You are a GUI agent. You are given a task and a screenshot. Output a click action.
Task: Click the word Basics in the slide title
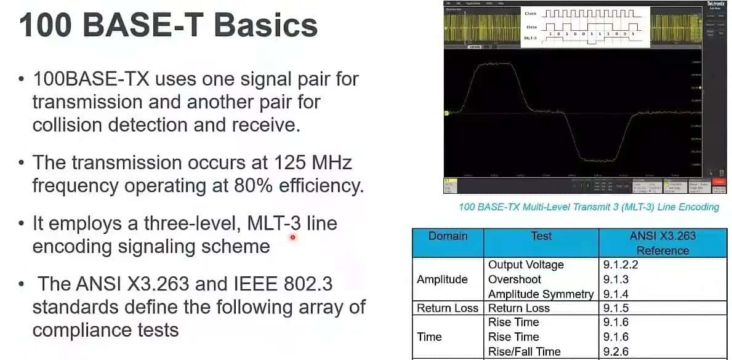click(x=265, y=26)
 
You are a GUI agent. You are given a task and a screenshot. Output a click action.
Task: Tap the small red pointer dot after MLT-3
click(x=292, y=237)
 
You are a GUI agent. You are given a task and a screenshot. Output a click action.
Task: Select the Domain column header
click(x=448, y=236)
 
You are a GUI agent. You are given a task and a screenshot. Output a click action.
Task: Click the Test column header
click(x=541, y=236)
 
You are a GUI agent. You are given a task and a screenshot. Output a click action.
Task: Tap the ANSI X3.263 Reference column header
click(x=662, y=243)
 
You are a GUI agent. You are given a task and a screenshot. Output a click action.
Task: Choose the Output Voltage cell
click(x=526, y=265)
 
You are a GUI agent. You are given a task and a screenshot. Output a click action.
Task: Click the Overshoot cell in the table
click(x=514, y=279)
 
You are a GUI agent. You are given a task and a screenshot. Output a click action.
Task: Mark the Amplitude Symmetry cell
click(x=541, y=294)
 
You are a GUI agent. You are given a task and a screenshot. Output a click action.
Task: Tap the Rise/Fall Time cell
click(x=524, y=351)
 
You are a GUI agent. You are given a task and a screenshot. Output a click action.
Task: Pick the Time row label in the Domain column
click(x=429, y=337)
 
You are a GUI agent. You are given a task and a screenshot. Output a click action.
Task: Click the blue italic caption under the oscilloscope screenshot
click(x=589, y=207)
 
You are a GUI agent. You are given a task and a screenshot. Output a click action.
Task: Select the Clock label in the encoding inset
click(x=530, y=13)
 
